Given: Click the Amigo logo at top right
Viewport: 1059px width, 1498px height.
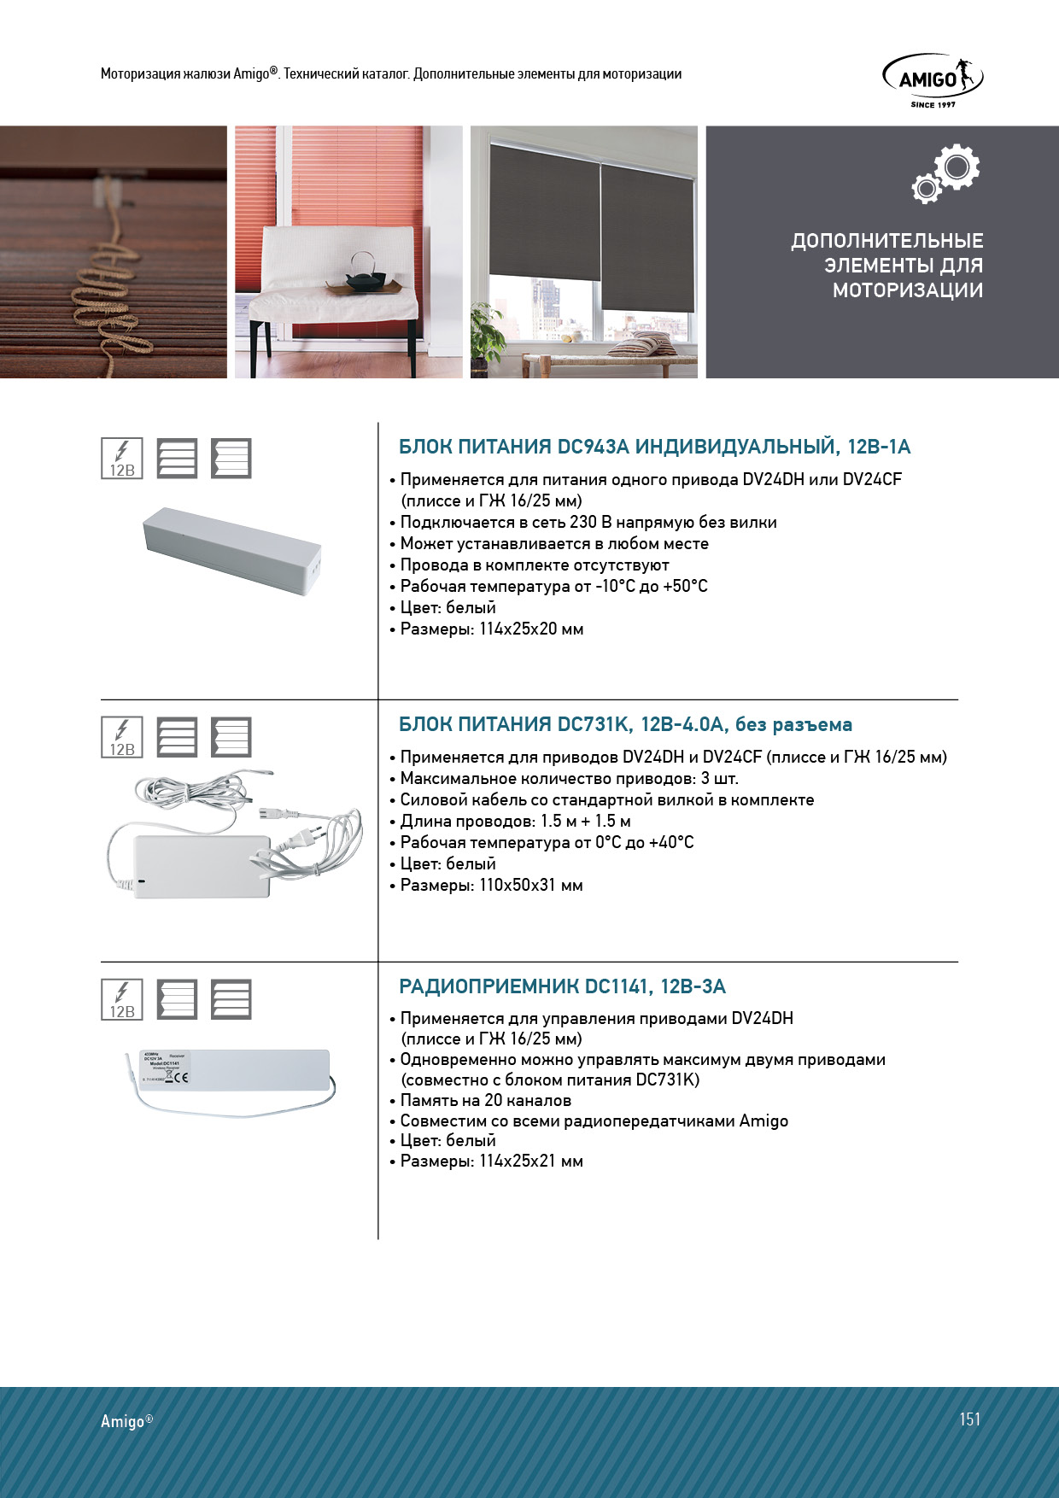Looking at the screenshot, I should point(932,79).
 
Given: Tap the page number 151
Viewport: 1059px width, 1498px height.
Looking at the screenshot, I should point(969,1419).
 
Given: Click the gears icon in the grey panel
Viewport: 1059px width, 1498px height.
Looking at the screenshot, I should point(945,173).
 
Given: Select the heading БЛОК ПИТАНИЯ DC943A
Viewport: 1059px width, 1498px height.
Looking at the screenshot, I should point(654,447).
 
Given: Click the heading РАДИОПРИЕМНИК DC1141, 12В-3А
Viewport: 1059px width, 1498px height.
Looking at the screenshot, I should point(562,986).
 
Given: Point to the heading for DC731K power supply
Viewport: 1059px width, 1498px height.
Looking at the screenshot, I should point(625,724).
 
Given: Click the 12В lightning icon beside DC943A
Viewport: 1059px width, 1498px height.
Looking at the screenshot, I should point(122,459).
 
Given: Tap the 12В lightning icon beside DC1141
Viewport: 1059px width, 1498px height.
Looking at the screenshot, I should point(122,1000).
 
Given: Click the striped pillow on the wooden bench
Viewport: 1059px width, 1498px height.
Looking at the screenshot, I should point(642,346).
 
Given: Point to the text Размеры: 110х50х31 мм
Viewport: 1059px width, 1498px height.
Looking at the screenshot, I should point(491,885).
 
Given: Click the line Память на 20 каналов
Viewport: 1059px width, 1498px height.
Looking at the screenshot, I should point(485,1100).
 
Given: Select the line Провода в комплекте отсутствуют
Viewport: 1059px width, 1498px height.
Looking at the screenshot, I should point(535,565).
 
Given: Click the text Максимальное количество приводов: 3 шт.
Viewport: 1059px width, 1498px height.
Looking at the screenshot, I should point(569,778).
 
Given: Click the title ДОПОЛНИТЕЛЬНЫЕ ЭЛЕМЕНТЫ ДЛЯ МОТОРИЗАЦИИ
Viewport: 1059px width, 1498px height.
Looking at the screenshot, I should point(887,266).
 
